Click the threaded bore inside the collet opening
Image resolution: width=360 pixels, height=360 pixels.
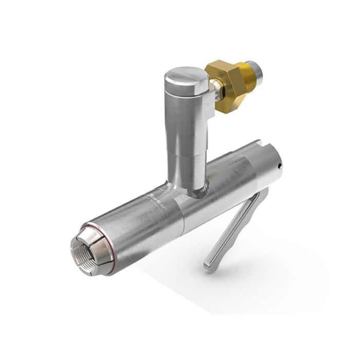pyautogui.click(x=82, y=253)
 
